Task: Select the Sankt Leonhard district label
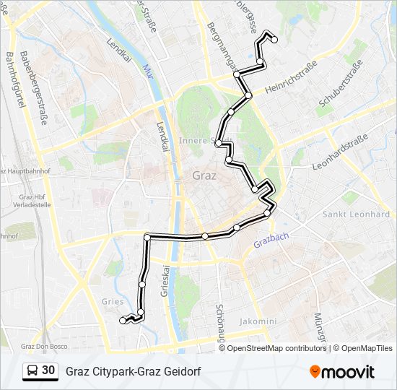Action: [356, 214]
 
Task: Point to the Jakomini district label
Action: [258, 321]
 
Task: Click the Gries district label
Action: [113, 303]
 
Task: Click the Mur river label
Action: [149, 72]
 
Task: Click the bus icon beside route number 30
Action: [33, 371]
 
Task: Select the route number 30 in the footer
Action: [48, 370]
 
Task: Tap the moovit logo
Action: [342, 372]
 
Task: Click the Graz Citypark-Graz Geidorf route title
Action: [133, 371]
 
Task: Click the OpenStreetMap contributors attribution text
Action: [274, 348]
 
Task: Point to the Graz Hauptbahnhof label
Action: [23, 171]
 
